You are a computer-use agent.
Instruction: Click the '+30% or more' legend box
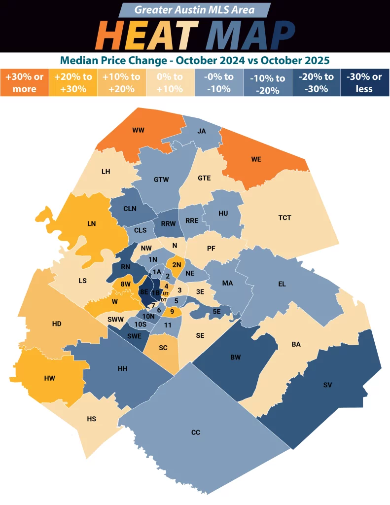[25, 83]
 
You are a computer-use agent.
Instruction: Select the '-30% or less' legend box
[364, 83]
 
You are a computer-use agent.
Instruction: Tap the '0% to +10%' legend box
[171, 83]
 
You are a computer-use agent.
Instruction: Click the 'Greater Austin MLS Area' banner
[195, 10]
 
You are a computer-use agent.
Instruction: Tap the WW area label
[139, 131]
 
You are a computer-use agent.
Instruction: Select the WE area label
[256, 160]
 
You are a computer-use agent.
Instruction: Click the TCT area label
[285, 217]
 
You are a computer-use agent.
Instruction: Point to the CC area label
[196, 433]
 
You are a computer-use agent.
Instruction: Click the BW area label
[236, 358]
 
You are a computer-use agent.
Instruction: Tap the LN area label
[91, 223]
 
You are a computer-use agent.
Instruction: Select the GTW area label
[161, 180]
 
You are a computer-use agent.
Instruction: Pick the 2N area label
[177, 265]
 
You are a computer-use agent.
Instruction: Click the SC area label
[163, 348]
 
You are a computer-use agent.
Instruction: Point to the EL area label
[282, 285]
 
